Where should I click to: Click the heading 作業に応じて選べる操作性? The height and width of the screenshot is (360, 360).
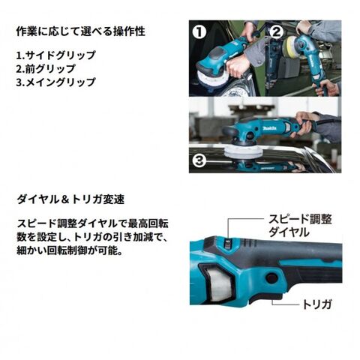pyautogui.click(x=81, y=31)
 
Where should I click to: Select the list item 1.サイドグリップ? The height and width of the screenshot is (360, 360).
pyautogui.click(x=56, y=55)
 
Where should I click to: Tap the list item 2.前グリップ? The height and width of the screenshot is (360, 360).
pyautogui.click(x=46, y=69)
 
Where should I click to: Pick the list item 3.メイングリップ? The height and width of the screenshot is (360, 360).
pyautogui.click(x=56, y=82)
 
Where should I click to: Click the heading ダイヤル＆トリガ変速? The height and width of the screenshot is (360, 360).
pyautogui.click(x=70, y=199)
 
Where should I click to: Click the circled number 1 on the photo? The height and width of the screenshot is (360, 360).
pyautogui.click(x=199, y=32)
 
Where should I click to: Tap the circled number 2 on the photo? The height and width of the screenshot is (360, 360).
pyautogui.click(x=277, y=32)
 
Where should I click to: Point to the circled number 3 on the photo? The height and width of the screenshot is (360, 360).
pyautogui.click(x=199, y=160)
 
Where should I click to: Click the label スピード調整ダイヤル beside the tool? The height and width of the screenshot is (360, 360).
pyautogui.click(x=300, y=226)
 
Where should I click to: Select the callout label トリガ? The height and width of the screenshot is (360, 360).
pyautogui.click(x=317, y=304)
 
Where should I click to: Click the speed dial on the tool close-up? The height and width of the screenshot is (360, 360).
pyautogui.click(x=228, y=243)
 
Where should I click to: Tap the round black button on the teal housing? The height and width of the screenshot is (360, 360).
pyautogui.click(x=272, y=277)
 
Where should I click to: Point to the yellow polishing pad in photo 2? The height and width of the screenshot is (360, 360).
pyautogui.click(x=291, y=48)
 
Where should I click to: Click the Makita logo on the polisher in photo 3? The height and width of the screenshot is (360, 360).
pyautogui.click(x=269, y=128)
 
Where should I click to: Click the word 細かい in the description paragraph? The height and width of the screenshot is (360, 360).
pyautogui.click(x=31, y=250)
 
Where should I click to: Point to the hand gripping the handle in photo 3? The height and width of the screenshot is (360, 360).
pyautogui.click(x=304, y=123)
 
